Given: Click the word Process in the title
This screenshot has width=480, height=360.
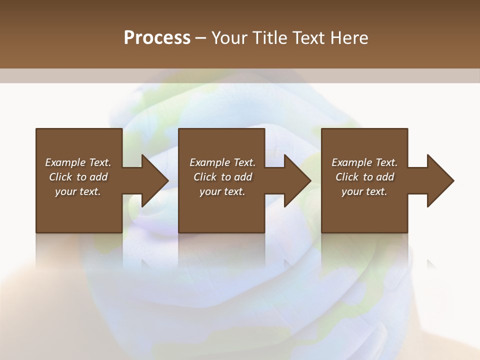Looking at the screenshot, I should tap(157, 38).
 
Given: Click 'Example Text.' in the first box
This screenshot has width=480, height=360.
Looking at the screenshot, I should tap(78, 162).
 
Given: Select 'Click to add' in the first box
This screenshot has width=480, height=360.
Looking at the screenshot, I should tap(78, 177).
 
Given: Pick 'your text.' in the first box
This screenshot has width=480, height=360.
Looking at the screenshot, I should tap(78, 191).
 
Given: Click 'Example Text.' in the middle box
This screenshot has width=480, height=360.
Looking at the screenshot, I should tap(222, 162).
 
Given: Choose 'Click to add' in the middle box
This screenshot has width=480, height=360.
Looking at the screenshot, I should tap(222, 177).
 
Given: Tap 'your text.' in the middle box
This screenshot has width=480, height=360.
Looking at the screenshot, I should tap(222, 191).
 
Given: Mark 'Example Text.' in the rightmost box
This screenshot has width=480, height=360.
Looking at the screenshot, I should tap(364, 162).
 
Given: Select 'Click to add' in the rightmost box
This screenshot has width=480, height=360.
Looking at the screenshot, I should tap(364, 177).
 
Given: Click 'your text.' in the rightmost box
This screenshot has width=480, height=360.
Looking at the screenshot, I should tap(364, 191).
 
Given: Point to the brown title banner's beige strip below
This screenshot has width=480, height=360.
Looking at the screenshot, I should tap(240, 75).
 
